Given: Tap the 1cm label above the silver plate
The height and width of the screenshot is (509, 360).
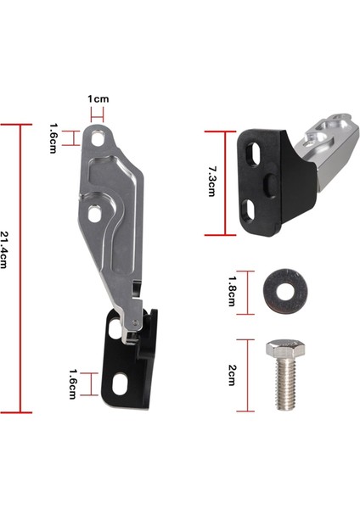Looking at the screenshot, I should [x=99, y=99].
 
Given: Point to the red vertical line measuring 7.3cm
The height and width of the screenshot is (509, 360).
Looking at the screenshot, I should [x=226, y=182].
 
